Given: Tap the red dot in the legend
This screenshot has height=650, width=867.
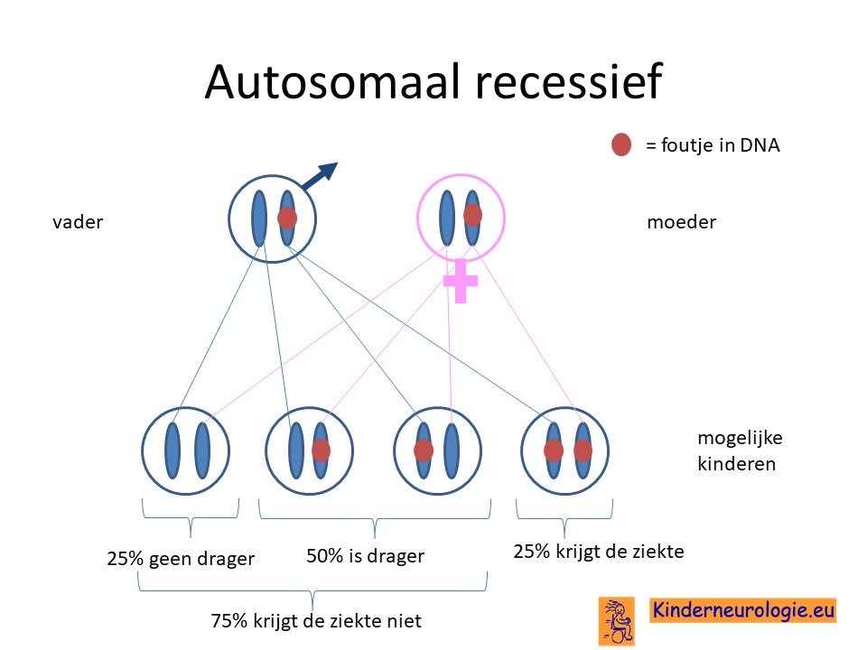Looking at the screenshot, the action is [x=621, y=144].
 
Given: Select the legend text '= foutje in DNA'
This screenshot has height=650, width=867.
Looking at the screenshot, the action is [x=713, y=145].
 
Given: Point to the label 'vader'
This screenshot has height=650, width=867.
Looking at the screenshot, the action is [x=78, y=222].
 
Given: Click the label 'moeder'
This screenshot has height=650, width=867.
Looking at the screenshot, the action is [x=681, y=222].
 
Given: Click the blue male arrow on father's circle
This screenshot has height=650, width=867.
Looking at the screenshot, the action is [x=320, y=176].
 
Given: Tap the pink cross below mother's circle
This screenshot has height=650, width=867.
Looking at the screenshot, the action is [x=460, y=281].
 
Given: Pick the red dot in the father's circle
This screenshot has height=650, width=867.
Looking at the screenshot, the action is [x=287, y=218].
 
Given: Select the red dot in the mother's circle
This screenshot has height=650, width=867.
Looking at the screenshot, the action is [x=472, y=215].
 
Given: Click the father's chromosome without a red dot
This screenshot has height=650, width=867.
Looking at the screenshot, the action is [x=259, y=218].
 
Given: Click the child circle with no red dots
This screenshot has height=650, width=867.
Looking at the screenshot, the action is [x=185, y=451].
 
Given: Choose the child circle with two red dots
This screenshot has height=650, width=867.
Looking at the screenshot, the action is [x=564, y=451].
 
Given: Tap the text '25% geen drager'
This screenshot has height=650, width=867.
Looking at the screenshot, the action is [x=181, y=559].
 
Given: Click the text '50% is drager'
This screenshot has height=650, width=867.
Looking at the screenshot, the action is [x=366, y=556].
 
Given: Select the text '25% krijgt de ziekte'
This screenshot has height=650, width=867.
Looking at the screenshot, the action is [x=598, y=552].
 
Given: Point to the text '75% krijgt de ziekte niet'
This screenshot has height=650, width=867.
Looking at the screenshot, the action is [x=316, y=621].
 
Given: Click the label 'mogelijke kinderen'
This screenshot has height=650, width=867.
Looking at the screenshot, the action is [x=740, y=450].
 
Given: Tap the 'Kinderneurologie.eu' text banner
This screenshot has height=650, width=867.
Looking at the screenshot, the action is [x=742, y=611].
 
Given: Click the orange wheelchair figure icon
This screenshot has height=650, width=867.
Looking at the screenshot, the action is [x=617, y=621].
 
